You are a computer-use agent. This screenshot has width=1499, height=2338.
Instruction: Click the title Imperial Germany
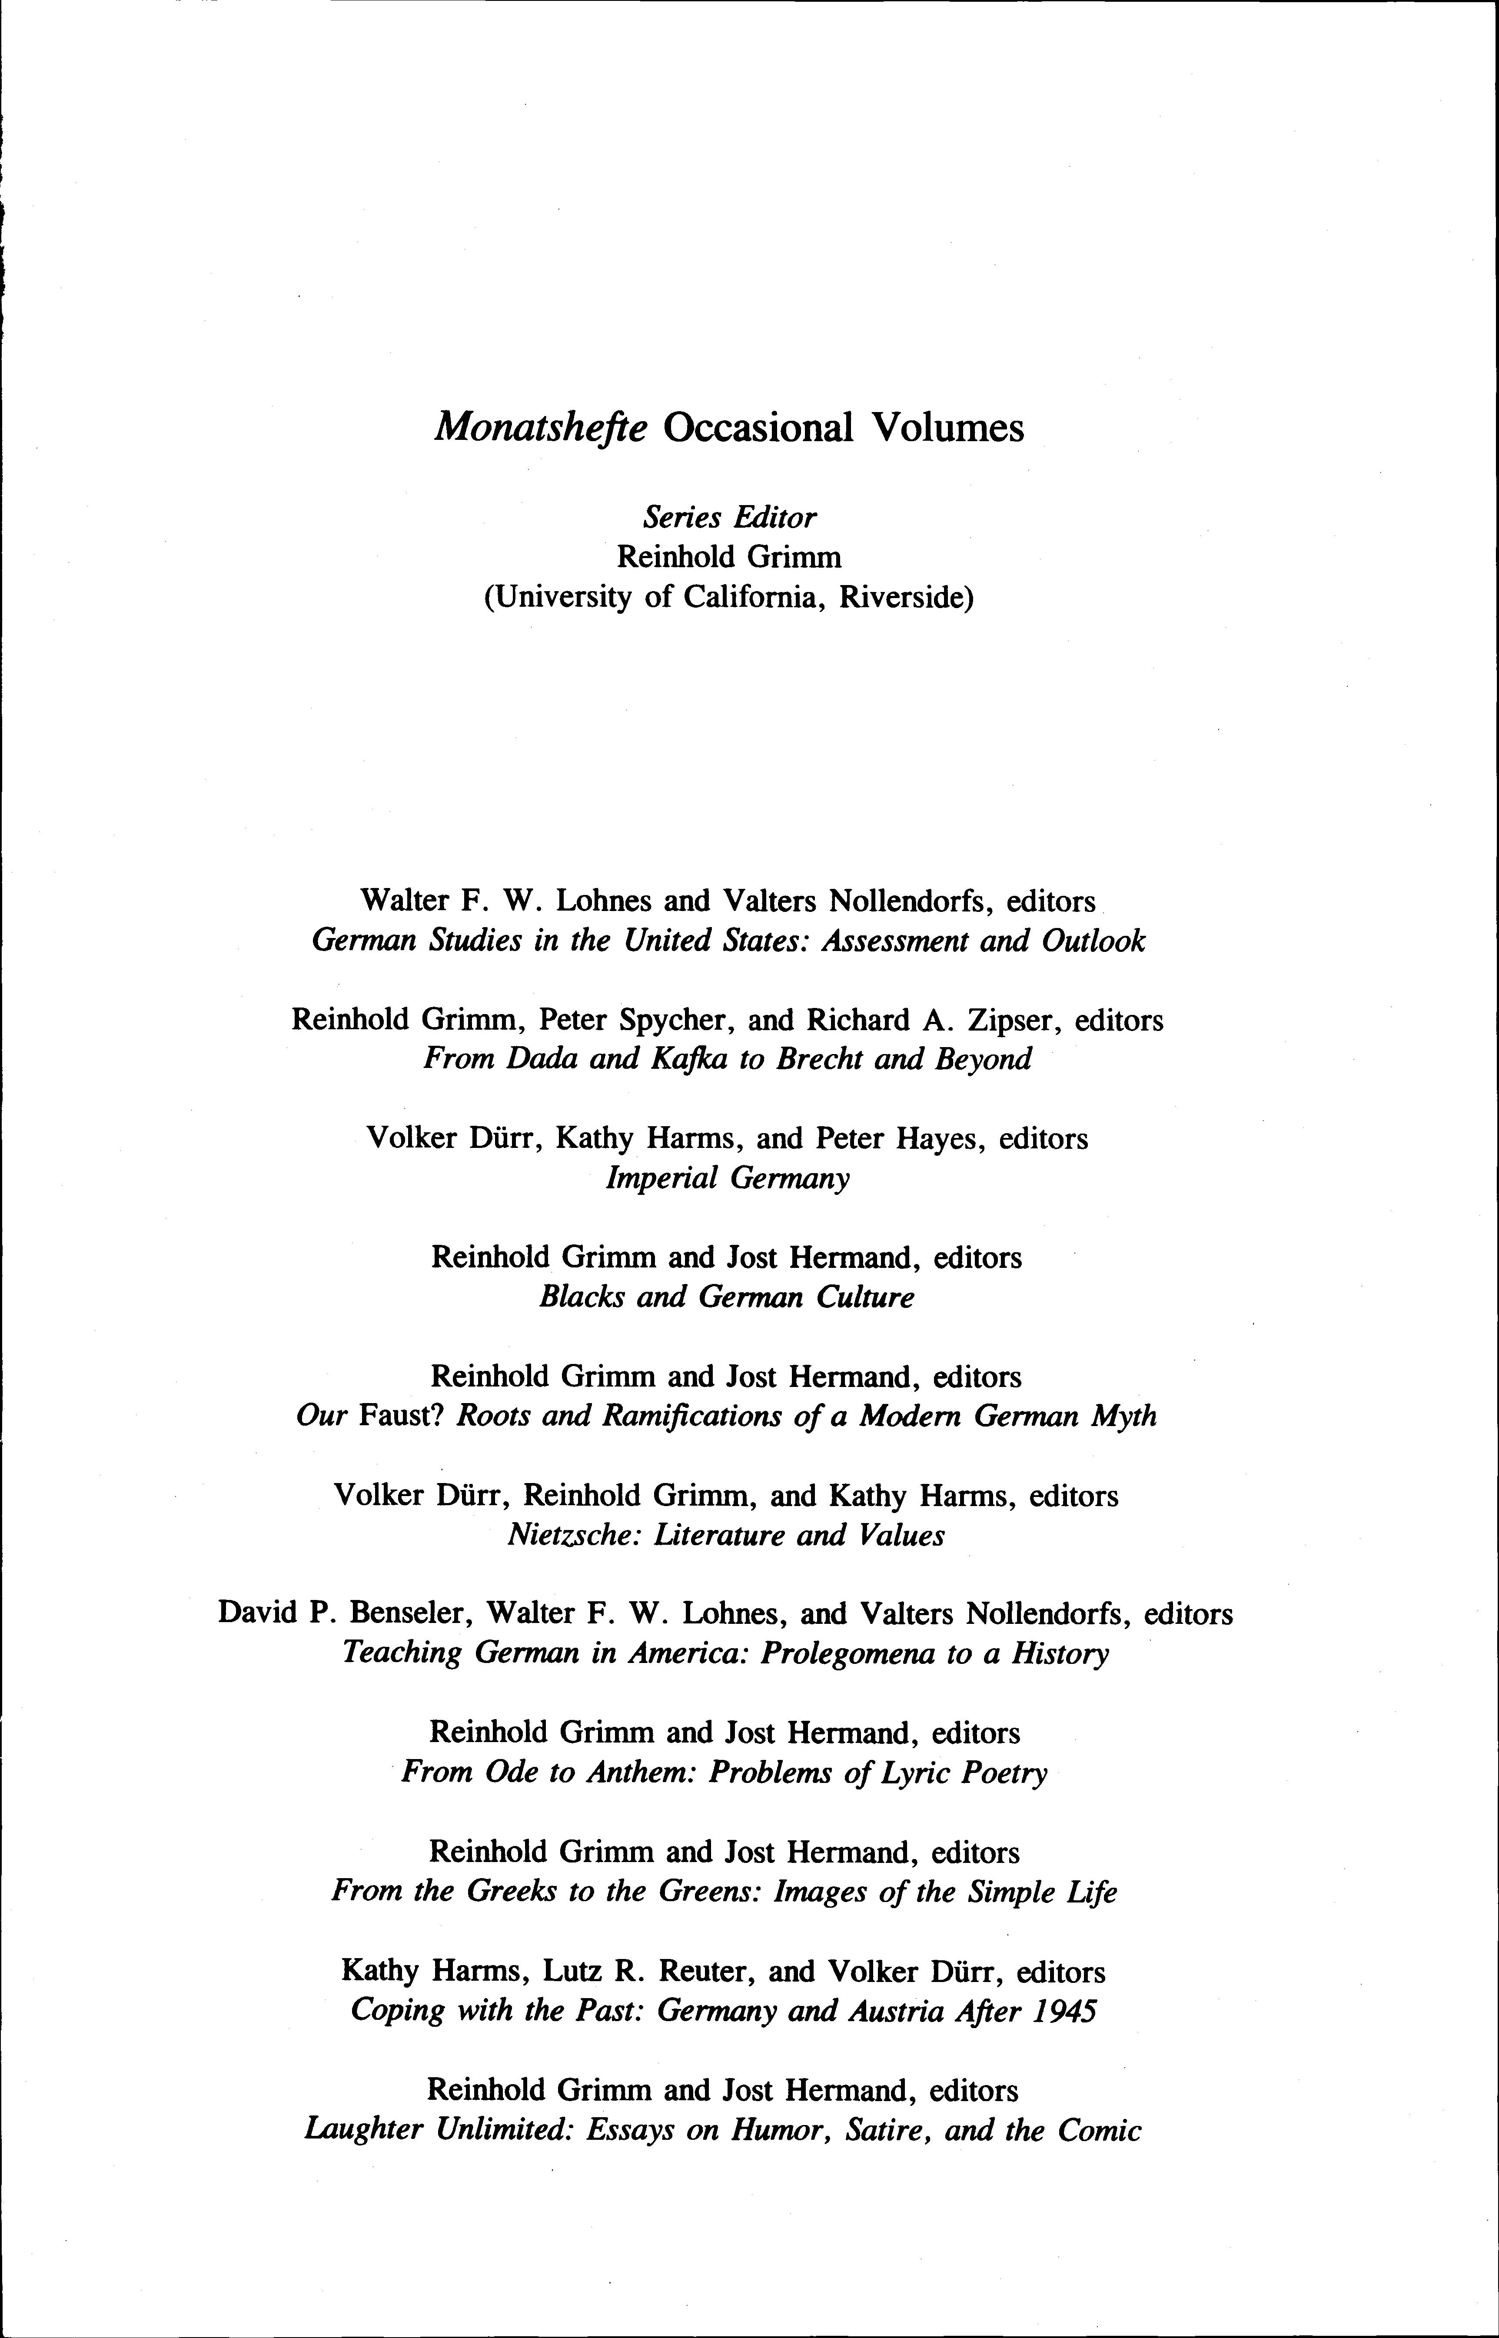click(x=727, y=1179)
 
